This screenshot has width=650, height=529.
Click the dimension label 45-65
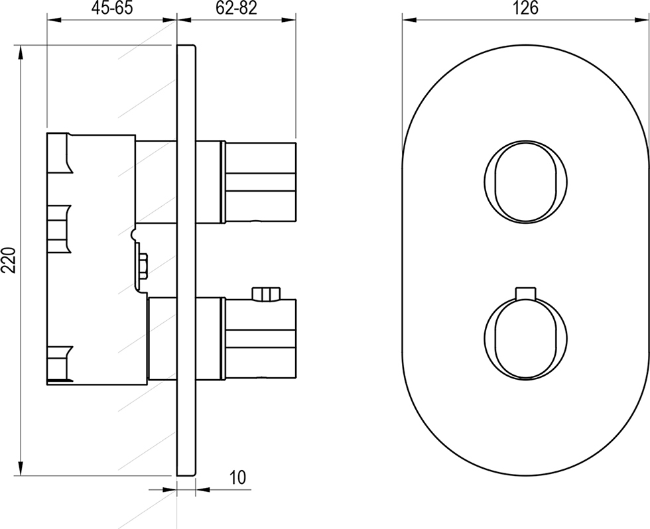point(112,8)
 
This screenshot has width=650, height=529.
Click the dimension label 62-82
point(236,8)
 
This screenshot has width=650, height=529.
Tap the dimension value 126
point(526,8)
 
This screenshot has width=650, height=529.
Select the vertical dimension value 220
point(9,260)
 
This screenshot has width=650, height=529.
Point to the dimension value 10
point(237,477)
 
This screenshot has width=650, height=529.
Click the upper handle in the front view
point(526,181)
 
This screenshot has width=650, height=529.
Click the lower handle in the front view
point(526,338)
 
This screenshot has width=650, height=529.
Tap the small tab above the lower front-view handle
point(526,292)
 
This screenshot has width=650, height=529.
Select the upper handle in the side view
point(260,183)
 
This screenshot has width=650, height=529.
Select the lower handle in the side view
point(260,339)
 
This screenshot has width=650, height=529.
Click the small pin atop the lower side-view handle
point(266,294)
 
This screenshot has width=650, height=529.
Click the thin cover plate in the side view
point(186,260)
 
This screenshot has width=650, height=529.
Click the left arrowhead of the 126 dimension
point(411,19)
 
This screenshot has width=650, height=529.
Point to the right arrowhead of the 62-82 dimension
point(288,19)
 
